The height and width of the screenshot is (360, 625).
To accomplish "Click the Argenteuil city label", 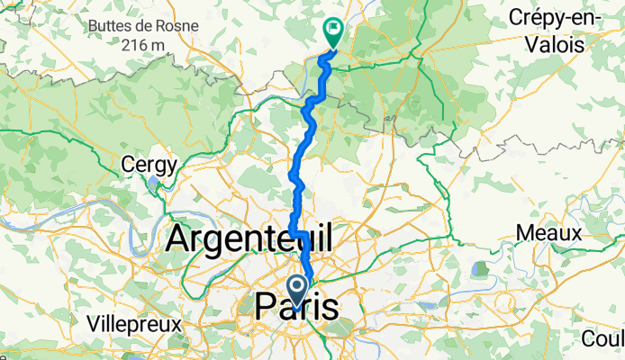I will [249, 240].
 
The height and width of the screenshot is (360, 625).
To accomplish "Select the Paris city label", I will [297, 307].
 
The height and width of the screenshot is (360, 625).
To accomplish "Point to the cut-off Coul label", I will [604, 339].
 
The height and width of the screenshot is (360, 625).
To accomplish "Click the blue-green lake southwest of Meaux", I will [478, 269].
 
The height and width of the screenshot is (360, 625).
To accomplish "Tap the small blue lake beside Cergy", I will [155, 184].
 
